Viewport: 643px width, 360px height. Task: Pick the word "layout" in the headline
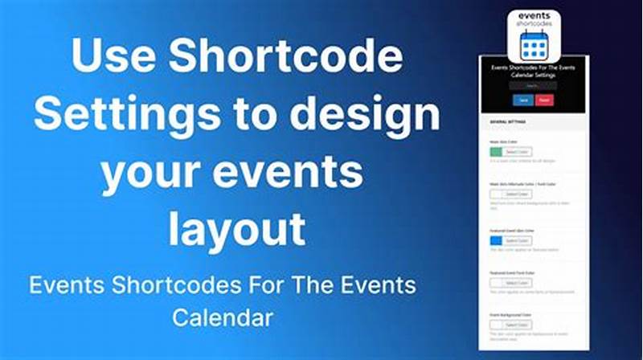click(237, 228)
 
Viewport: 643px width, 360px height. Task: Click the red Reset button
click(544, 100)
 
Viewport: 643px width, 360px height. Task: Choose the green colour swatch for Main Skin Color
click(495, 152)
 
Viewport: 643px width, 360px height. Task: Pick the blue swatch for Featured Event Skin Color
click(495, 240)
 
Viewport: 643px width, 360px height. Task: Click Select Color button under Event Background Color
click(518, 325)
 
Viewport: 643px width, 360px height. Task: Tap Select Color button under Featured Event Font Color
click(518, 283)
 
